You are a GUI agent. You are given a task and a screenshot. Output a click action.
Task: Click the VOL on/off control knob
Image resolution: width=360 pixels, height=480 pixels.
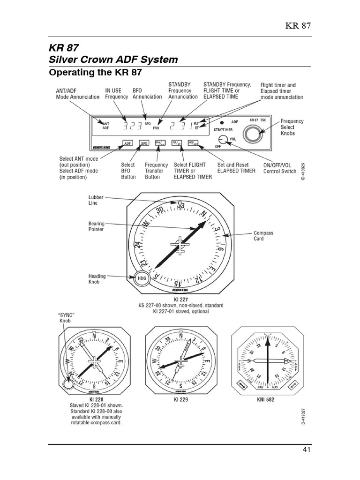click(224, 139)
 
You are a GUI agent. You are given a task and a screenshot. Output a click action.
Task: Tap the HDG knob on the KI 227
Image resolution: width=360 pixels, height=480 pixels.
click(142, 278)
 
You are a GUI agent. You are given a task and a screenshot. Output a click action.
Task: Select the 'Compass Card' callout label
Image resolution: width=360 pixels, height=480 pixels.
click(263, 236)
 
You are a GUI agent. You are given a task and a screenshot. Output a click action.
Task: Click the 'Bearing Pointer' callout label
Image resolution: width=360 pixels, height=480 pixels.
click(96, 226)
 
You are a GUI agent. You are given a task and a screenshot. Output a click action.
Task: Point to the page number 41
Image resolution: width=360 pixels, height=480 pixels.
click(307, 450)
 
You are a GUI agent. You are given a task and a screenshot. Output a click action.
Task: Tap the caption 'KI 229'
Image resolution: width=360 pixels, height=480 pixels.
click(180, 400)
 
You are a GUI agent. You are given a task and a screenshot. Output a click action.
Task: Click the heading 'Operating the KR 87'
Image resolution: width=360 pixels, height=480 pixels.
click(95, 73)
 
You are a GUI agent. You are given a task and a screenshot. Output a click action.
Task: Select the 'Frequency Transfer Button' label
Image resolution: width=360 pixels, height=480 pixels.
click(156, 171)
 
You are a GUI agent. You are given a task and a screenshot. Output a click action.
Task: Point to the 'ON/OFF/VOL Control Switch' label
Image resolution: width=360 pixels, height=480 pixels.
click(279, 168)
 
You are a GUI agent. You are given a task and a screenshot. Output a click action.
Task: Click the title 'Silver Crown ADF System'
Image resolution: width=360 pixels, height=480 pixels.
click(113, 60)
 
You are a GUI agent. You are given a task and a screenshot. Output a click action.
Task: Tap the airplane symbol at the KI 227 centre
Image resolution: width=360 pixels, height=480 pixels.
click(179, 244)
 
